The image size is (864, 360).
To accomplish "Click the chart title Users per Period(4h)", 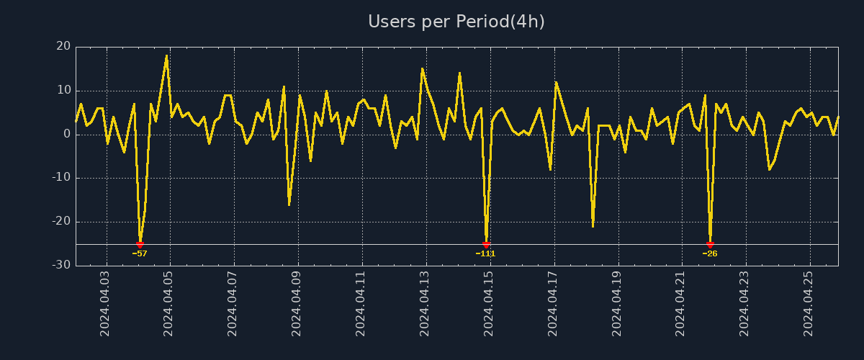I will [456, 22].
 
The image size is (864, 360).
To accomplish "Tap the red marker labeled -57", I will [140, 245].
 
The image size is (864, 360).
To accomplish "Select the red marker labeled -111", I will [486, 245].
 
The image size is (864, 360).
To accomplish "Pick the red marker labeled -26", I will [710, 245].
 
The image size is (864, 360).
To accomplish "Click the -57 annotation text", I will [140, 253].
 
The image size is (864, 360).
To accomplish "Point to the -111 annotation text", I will [486, 253].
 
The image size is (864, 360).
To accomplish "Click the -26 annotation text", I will [710, 253].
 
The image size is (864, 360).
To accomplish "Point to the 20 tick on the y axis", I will [63, 47].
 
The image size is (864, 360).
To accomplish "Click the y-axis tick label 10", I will [63, 91].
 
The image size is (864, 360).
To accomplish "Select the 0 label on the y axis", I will [67, 135].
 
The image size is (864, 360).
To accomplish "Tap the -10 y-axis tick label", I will [61, 178].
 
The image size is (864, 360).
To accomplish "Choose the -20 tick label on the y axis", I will [61, 222].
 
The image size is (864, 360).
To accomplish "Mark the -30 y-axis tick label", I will [61, 266].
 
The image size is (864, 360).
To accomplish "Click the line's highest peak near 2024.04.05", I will [166, 56].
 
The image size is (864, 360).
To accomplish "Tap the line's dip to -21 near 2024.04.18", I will [593, 226].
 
